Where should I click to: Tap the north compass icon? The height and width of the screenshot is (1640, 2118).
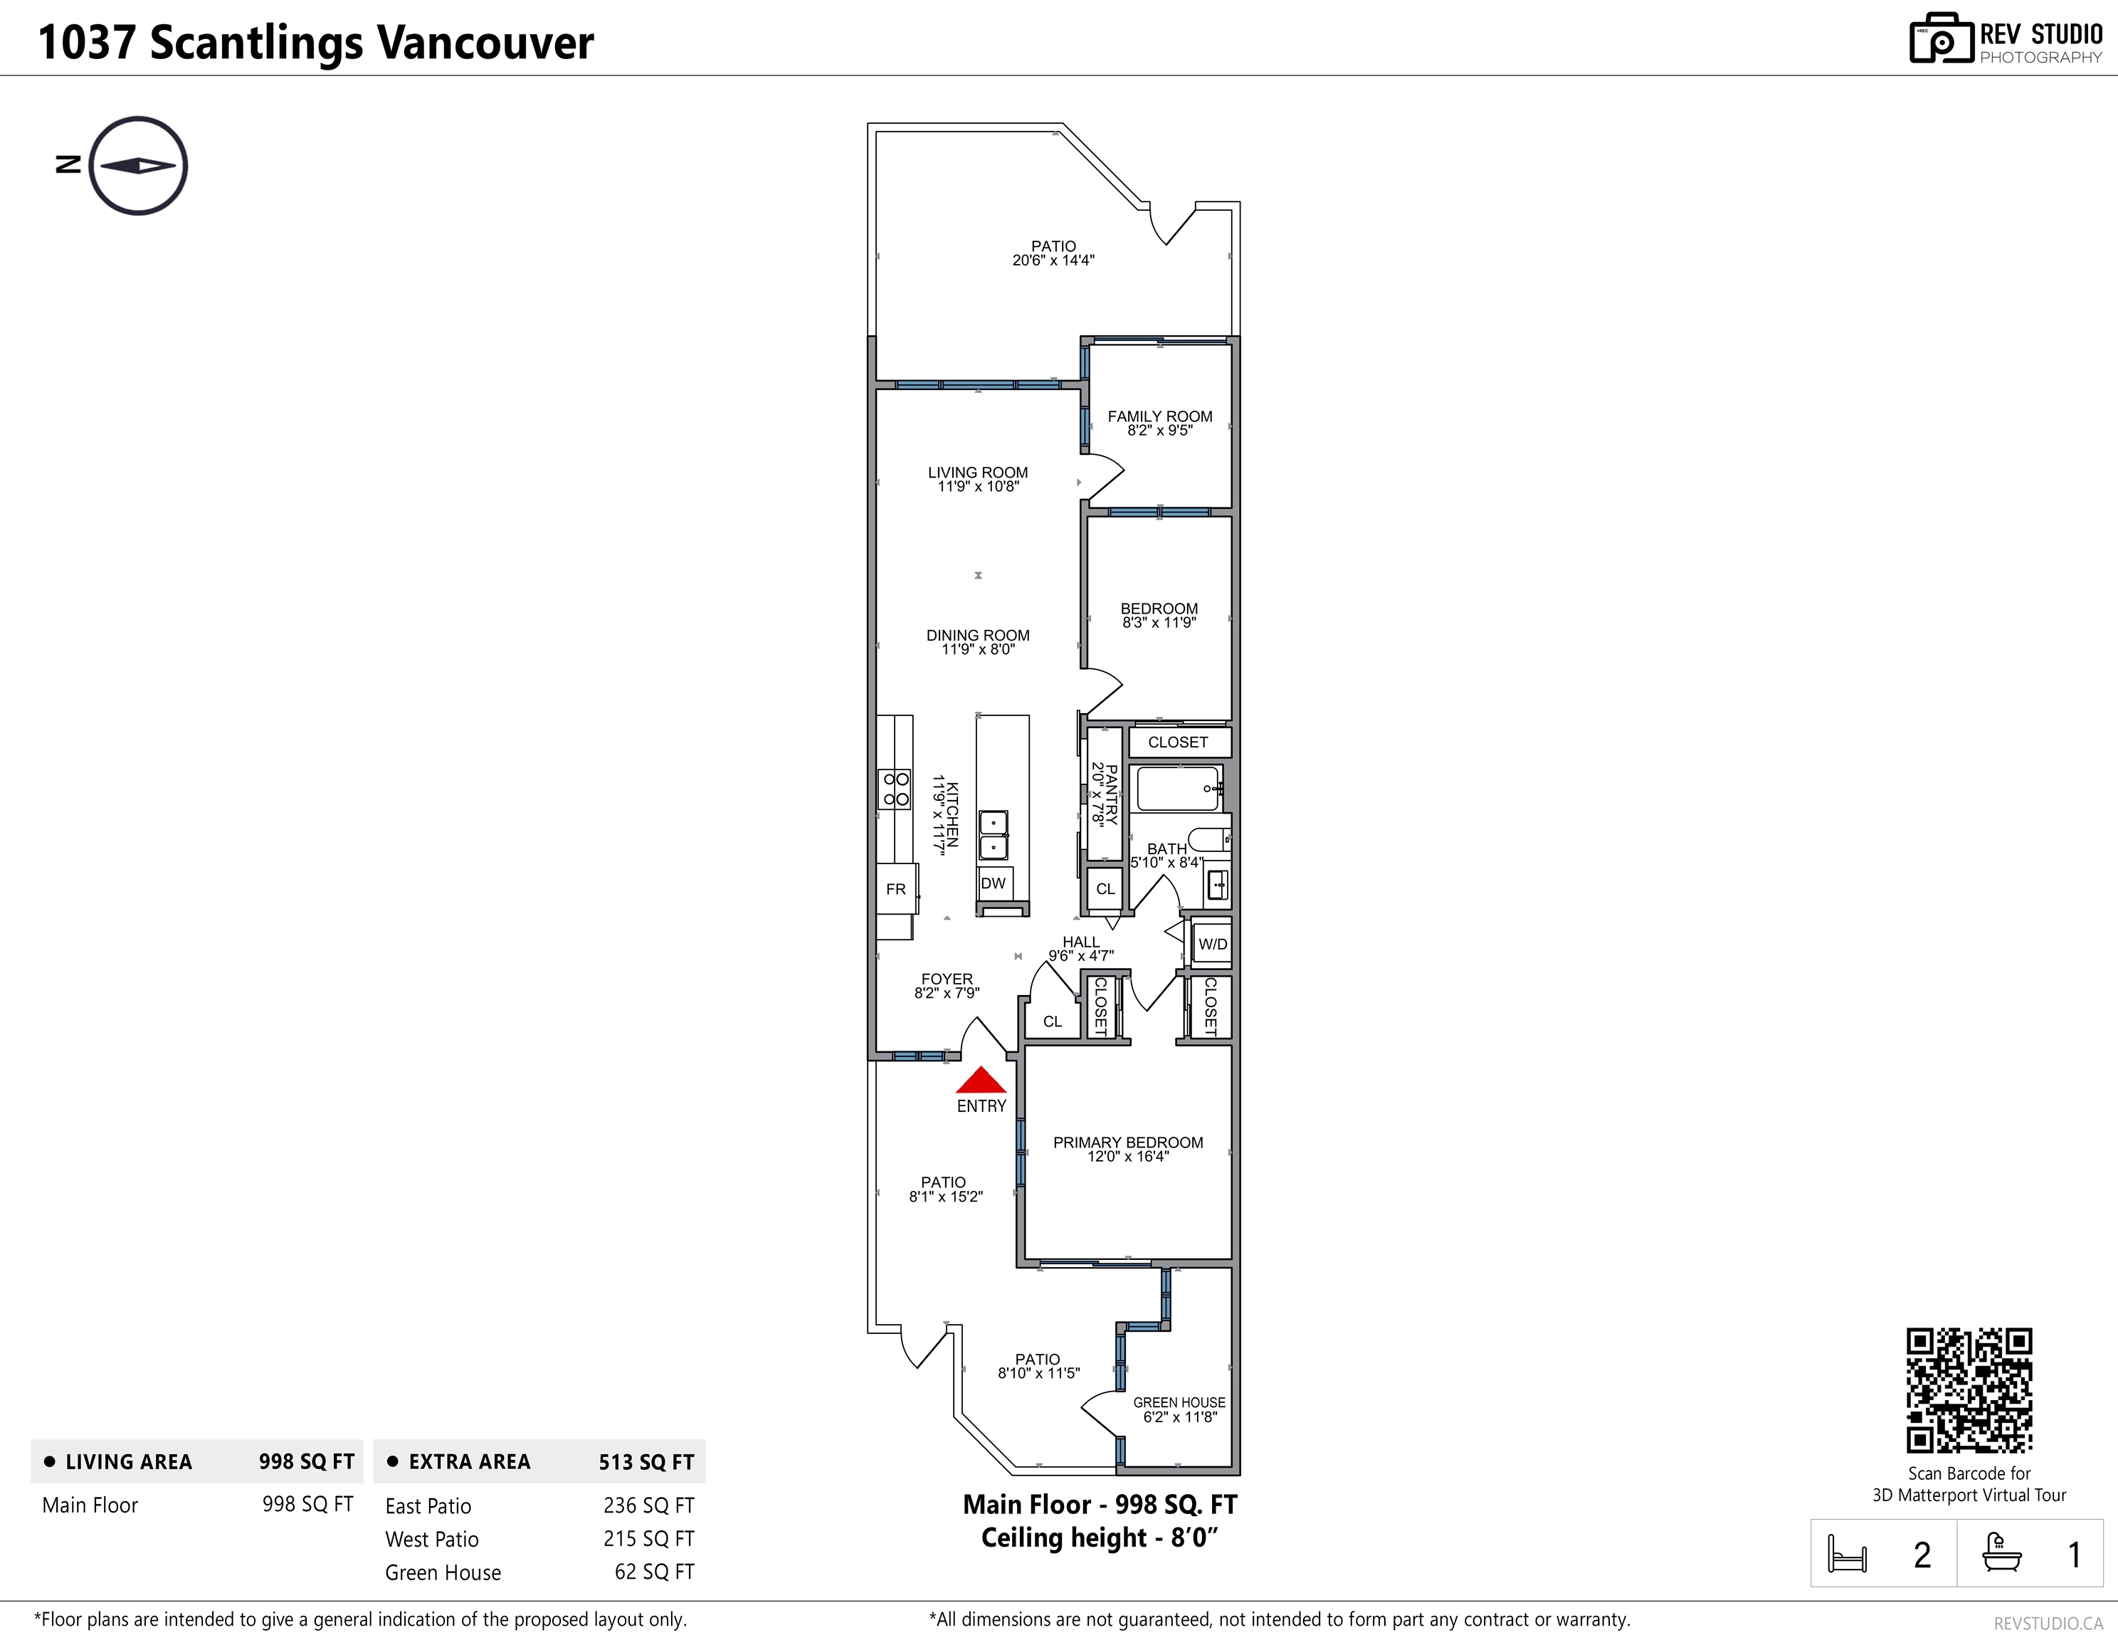137,166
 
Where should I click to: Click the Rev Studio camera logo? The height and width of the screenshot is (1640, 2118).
1941,39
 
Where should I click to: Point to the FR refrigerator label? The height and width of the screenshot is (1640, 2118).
896,888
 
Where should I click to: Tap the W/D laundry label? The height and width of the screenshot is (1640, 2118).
1212,944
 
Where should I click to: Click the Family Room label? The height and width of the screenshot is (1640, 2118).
1160,416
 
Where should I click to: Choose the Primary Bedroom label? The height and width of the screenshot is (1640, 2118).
1128,1142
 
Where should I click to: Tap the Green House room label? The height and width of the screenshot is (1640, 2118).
1179,1402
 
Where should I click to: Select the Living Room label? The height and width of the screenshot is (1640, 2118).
978,473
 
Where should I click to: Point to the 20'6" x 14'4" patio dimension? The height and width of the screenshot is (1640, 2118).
1053,260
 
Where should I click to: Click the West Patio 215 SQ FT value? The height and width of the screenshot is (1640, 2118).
649,1539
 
